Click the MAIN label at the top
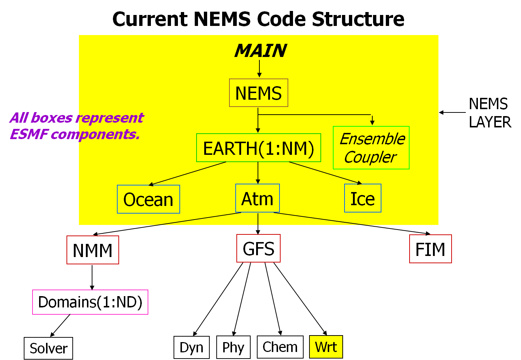pos(261,51)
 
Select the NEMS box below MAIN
pos(259,93)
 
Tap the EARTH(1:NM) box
pos(259,148)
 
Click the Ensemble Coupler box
pos(371,148)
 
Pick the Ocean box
pos(148,199)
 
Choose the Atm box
pos(258,198)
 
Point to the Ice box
pos(363,198)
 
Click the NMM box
pos(93,250)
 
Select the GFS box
pos(258,248)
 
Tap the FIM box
pos(430,249)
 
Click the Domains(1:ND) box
pos(90,302)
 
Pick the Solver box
pos(48,348)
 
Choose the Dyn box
pos(192,347)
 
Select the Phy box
pos(233,347)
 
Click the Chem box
pos(280,347)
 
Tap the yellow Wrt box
pos(326,347)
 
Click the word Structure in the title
pos(358,19)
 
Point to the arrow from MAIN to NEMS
pos(259,69)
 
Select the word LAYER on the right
pos(490,122)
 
